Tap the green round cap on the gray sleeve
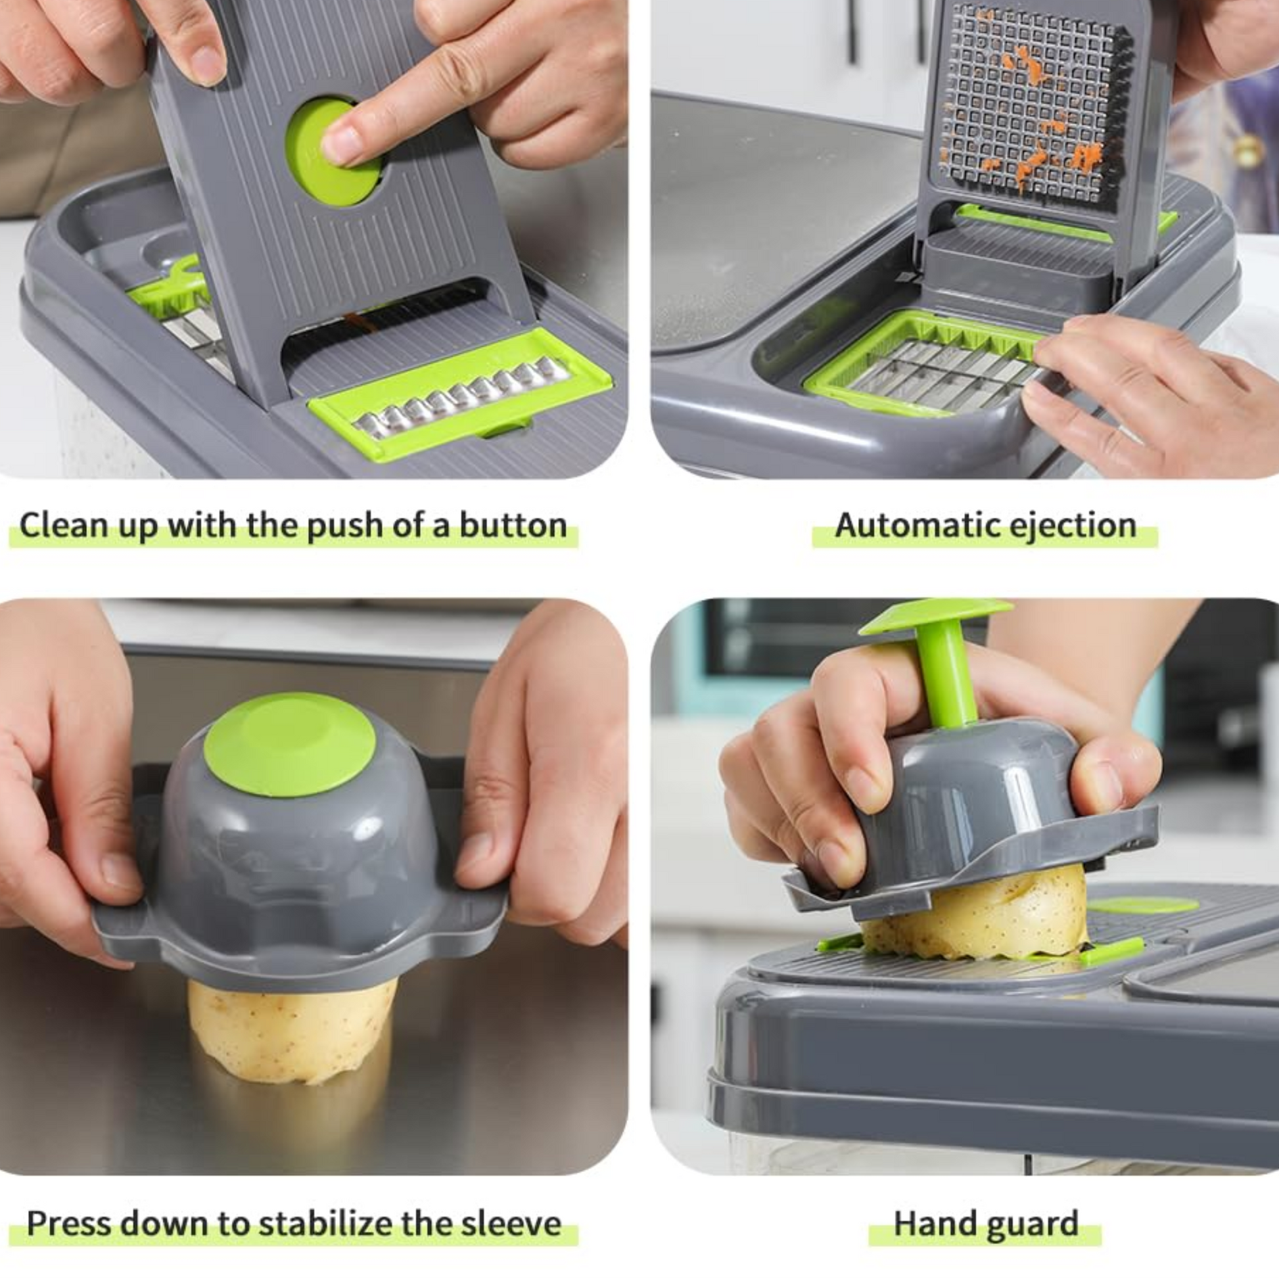tap(289, 745)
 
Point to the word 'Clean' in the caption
tap(64, 525)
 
